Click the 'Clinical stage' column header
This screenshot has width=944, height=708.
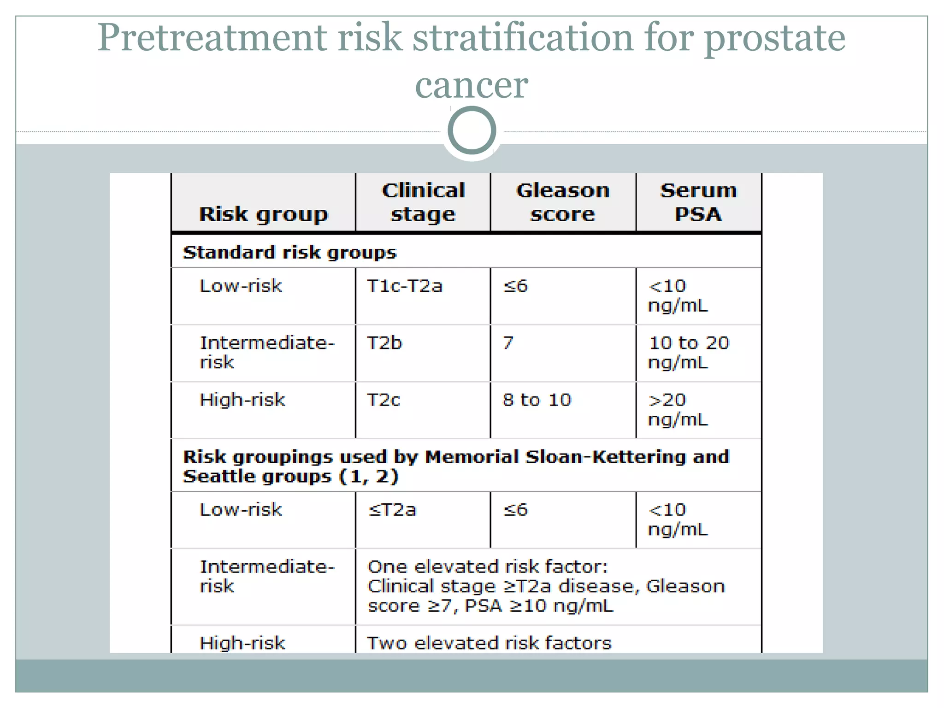(423, 202)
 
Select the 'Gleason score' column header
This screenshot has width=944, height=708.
(563, 202)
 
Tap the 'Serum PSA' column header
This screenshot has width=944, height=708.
(698, 202)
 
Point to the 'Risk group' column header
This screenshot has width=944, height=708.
(263, 214)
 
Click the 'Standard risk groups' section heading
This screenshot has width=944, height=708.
(289, 253)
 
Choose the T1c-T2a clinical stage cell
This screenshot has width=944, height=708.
(404, 286)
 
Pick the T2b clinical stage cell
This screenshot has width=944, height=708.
(384, 343)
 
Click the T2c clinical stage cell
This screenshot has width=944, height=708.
(383, 400)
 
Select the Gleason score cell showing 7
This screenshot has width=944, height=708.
(508, 343)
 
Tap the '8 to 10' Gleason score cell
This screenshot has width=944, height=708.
(537, 400)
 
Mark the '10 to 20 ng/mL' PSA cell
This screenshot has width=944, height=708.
(689, 353)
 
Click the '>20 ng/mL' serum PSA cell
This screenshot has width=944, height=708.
(678, 409)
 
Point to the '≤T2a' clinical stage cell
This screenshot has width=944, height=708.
(392, 510)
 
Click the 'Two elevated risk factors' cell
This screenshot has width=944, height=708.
(489, 643)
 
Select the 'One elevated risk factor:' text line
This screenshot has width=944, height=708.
(488, 566)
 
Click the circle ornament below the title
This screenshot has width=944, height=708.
(472, 130)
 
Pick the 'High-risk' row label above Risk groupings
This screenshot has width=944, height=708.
(242, 400)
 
